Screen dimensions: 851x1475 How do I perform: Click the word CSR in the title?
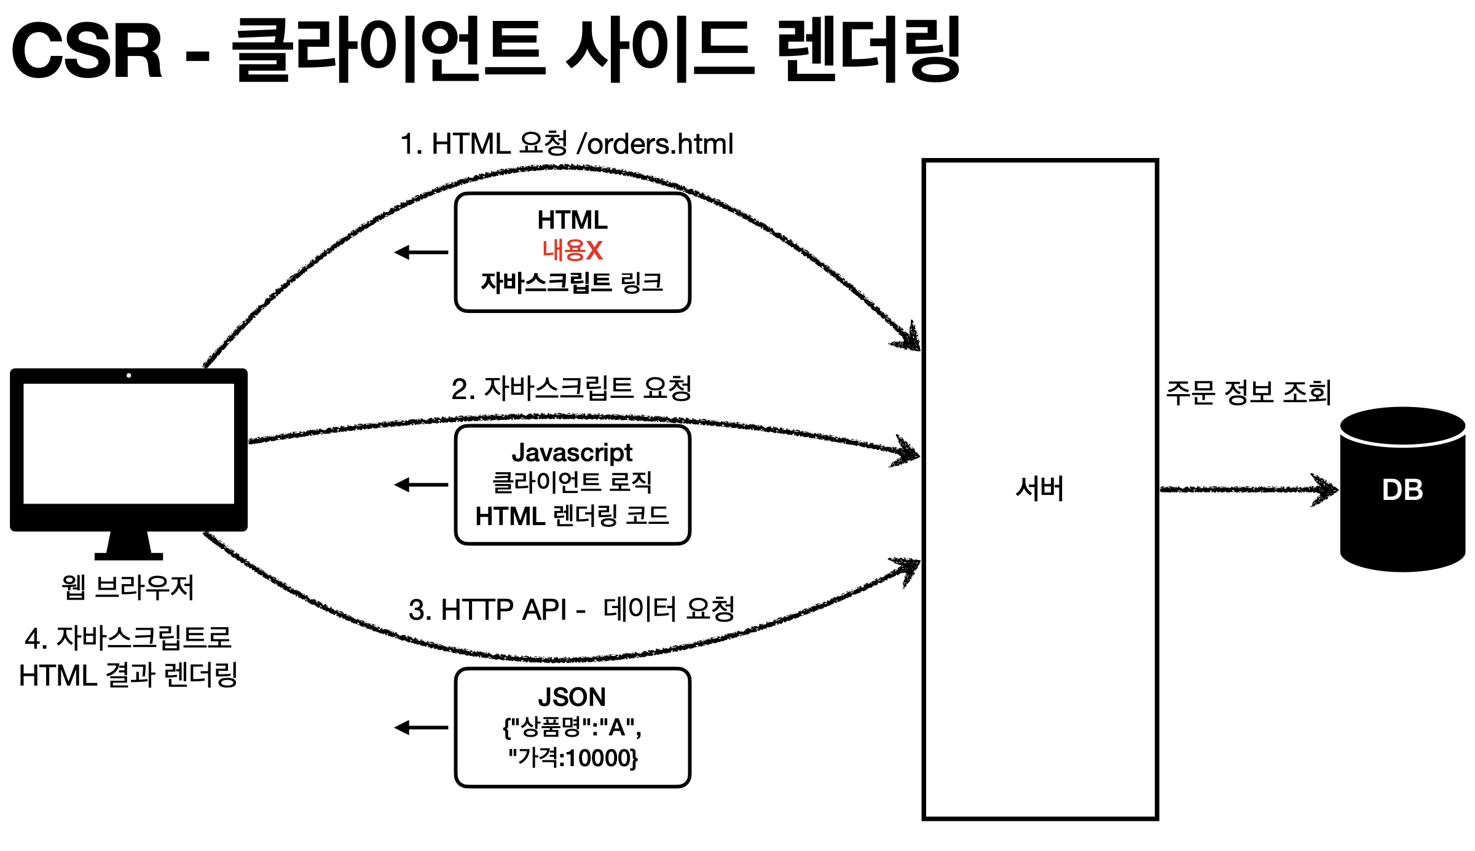click(x=87, y=50)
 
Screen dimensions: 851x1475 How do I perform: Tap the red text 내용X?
click(x=572, y=250)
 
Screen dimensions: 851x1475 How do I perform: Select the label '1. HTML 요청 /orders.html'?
click(x=566, y=144)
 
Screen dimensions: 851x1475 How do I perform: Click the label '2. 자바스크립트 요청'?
click(x=571, y=389)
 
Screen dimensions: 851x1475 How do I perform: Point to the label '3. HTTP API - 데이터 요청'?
click(x=571, y=609)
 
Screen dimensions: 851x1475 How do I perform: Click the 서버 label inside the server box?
click(x=1039, y=489)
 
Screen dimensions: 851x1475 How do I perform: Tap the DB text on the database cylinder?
click(x=1402, y=490)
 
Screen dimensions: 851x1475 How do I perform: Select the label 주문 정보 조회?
click(x=1248, y=392)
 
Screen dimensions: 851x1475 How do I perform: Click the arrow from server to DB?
click(x=1248, y=489)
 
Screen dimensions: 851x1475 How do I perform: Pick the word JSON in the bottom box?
click(x=572, y=697)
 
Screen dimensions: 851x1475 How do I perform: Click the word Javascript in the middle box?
click(x=572, y=453)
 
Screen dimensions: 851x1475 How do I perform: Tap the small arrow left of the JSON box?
click(x=421, y=728)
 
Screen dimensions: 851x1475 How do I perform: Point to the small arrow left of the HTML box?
click(x=421, y=252)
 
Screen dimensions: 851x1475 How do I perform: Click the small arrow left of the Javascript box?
click(x=421, y=485)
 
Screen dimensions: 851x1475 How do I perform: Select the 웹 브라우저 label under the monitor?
click(x=128, y=587)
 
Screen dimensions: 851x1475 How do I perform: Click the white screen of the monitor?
click(x=128, y=443)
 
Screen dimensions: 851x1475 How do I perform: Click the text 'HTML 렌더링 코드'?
click(x=572, y=516)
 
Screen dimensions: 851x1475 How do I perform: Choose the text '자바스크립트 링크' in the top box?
click(x=572, y=282)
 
